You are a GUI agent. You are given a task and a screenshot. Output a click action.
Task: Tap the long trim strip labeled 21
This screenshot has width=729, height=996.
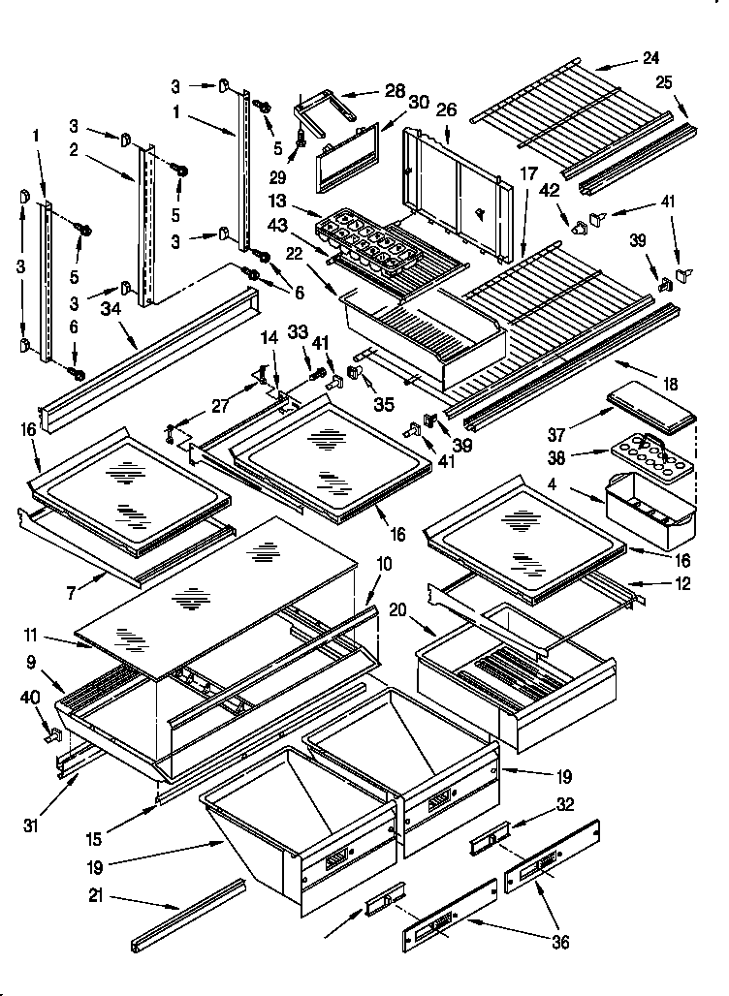[x=189, y=914]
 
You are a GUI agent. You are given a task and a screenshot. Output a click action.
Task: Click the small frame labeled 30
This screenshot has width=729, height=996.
[x=347, y=156]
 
